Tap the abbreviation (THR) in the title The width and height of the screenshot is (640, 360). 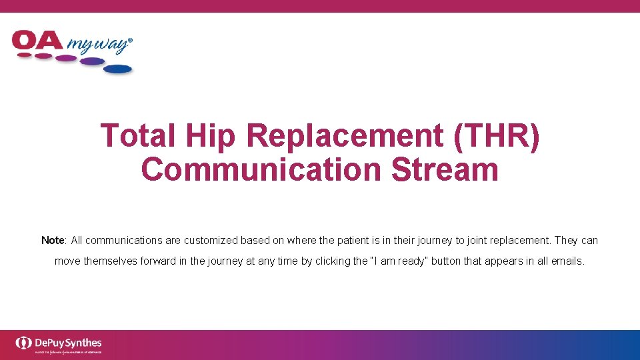496,136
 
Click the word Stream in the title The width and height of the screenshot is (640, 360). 445,169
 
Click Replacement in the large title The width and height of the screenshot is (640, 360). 345,136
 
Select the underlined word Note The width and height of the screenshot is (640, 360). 53,240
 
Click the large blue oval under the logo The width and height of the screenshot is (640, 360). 117,69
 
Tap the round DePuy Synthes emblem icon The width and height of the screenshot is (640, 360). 24,343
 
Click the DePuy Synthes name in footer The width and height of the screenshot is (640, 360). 68,342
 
